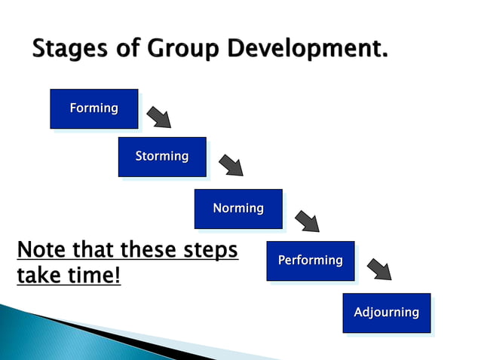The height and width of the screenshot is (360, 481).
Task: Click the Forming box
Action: click(93, 108)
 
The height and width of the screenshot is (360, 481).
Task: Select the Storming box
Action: click(161, 157)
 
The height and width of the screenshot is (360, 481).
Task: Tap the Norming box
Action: click(237, 209)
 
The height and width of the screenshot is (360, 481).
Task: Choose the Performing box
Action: click(310, 261)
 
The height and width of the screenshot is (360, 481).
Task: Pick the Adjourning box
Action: click(386, 313)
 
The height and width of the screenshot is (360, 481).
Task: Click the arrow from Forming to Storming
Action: click(159, 117)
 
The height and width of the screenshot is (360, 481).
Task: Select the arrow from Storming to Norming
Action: click(231, 165)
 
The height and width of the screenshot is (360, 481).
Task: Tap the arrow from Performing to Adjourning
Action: click(379, 269)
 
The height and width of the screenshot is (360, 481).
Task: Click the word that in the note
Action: click(92, 249)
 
